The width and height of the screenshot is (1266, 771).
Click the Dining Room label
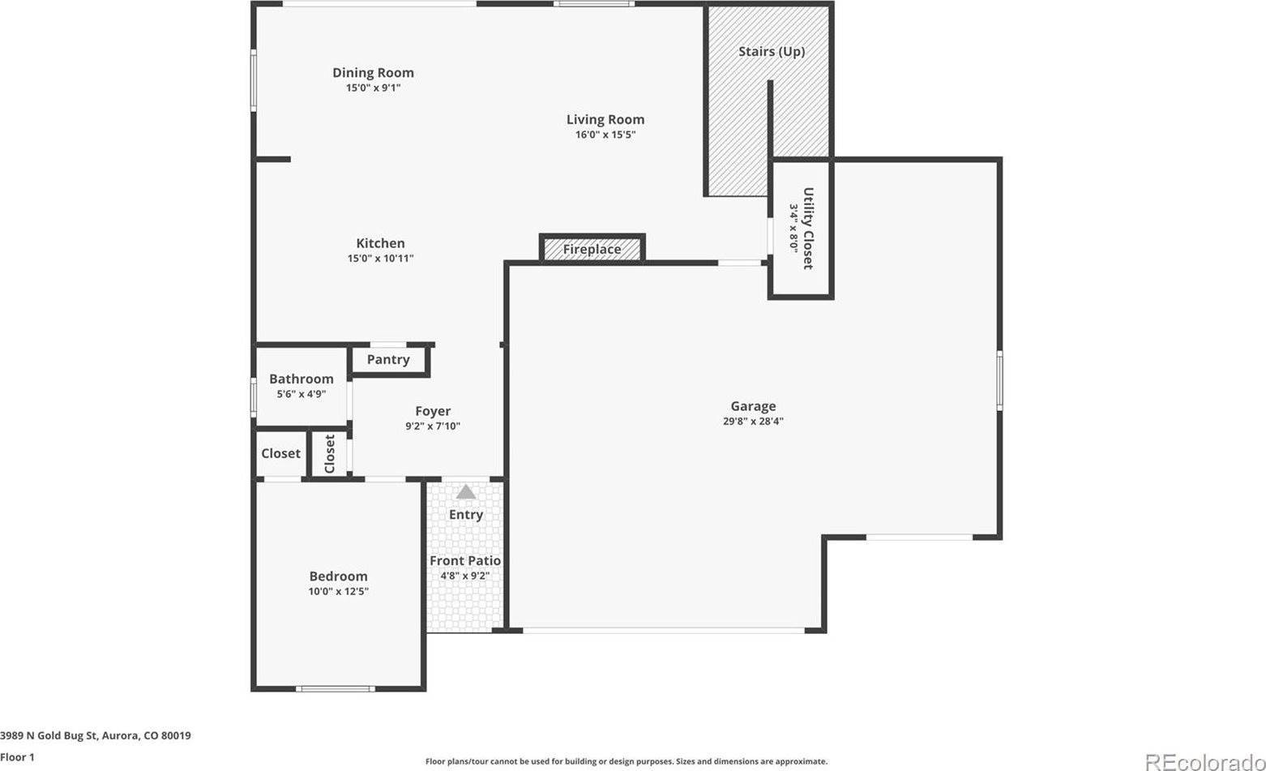[x=373, y=73]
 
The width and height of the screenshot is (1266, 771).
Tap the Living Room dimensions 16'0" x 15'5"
[x=605, y=135]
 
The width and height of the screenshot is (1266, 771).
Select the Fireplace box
[x=592, y=249]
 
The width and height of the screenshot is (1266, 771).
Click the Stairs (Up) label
[x=771, y=52]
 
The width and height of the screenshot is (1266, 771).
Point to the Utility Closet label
[x=808, y=228]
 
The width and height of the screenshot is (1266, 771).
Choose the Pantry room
[x=388, y=359]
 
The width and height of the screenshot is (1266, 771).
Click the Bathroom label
[x=302, y=379]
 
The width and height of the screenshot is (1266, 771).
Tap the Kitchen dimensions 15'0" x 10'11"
[x=380, y=259]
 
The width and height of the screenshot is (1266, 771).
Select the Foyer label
[x=433, y=411]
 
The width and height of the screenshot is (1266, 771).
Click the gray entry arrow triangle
[x=465, y=491]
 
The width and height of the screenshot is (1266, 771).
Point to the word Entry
[x=465, y=514]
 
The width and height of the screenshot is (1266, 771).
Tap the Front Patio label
[x=464, y=560]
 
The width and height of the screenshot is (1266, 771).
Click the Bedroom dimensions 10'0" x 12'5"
[x=338, y=591]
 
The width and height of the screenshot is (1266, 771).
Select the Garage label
[x=753, y=406]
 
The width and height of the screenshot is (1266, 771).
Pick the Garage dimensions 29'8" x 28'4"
[x=753, y=421]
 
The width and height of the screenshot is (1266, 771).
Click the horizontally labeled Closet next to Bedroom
[x=280, y=453]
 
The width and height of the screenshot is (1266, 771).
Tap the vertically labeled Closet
[x=330, y=453]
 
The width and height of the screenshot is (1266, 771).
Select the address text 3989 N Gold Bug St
[x=50, y=736]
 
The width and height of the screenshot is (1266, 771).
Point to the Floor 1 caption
[x=18, y=757]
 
